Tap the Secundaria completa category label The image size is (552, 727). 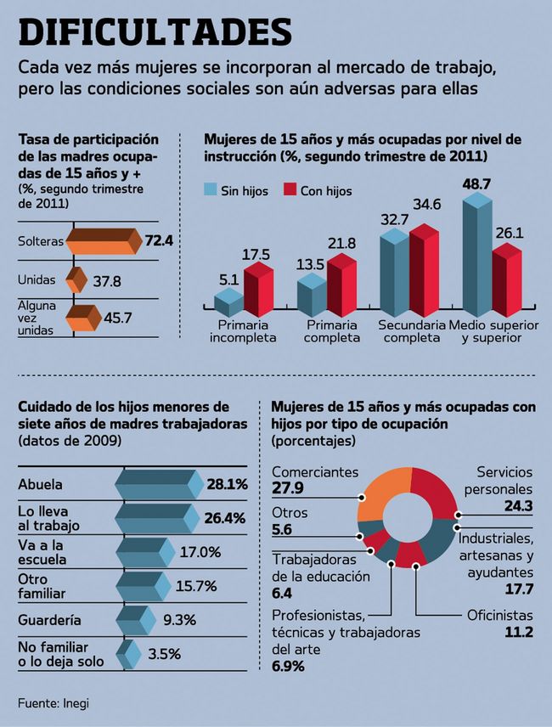(412, 331)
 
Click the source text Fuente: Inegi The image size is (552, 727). (54, 702)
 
